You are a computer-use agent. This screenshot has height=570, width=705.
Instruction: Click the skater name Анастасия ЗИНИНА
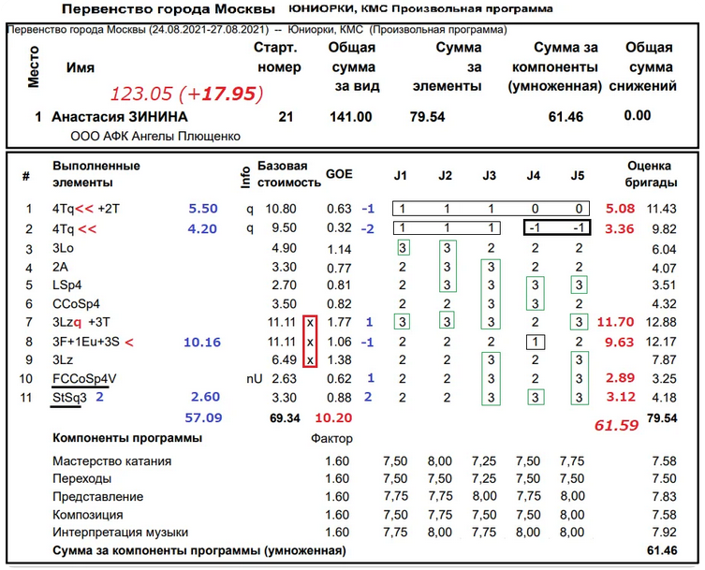coord(120,117)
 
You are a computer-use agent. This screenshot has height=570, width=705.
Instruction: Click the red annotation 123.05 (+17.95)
coord(186,94)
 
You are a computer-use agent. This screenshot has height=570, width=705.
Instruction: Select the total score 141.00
coord(352,117)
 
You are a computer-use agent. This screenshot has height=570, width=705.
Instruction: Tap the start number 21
coord(286,117)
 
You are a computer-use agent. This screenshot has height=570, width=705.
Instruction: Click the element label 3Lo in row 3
coord(63,249)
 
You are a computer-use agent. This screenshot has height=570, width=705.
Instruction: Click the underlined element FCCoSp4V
coord(84,379)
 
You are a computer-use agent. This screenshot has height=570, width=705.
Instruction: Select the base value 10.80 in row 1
coord(282,210)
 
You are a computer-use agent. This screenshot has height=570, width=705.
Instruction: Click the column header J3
coord(490,175)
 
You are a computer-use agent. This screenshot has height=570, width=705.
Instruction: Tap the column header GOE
coord(338,175)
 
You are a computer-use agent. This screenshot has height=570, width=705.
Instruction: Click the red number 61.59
coord(617,426)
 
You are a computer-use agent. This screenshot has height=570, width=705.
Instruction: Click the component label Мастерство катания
coord(112,461)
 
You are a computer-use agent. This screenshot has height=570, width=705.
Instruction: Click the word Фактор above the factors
coord(332,438)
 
